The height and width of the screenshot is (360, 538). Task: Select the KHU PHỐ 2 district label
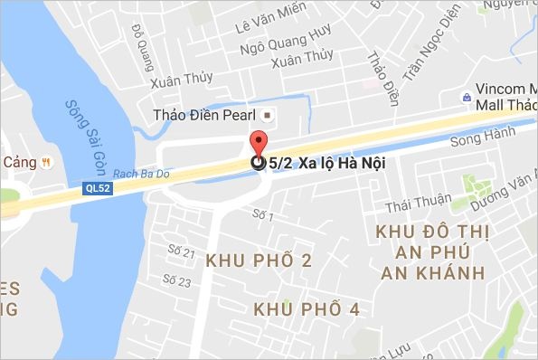259,261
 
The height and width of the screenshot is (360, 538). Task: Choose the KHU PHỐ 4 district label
307,309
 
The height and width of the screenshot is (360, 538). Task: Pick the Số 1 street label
262,215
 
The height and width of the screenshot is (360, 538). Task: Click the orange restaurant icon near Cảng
45,162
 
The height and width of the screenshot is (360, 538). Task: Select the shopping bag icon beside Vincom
465,95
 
